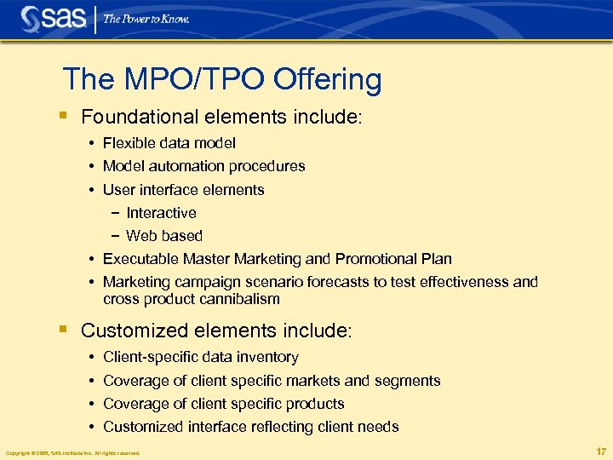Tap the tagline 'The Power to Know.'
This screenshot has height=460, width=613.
point(146,19)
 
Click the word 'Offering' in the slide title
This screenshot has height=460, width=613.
point(328,79)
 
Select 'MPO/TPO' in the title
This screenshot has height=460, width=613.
point(190,79)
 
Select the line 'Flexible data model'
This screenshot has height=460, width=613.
point(169,143)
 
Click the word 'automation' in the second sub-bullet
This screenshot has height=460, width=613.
point(189,166)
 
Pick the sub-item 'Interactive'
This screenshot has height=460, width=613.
point(161,213)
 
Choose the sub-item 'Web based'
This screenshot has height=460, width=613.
point(164,236)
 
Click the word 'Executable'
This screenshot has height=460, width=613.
point(140,259)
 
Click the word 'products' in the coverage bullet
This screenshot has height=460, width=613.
point(314,404)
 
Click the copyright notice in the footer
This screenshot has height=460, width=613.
point(72,452)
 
